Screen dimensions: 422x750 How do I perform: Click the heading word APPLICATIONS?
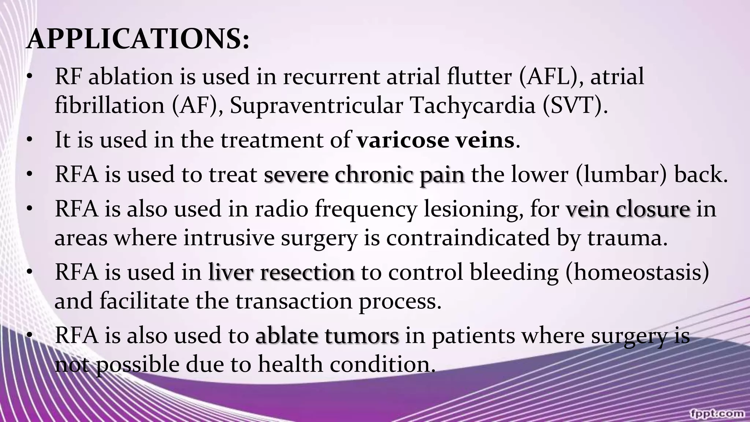[138, 39]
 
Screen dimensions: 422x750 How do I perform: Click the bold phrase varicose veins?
[436, 140]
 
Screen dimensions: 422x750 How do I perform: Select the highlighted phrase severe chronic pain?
[364, 174]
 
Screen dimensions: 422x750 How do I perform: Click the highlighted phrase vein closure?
[628, 209]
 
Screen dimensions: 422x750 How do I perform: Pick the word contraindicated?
[468, 237]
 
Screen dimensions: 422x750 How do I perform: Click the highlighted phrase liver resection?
[282, 272]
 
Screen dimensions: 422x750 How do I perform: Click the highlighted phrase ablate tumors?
[327, 336]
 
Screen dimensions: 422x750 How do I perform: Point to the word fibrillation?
[109, 105]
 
